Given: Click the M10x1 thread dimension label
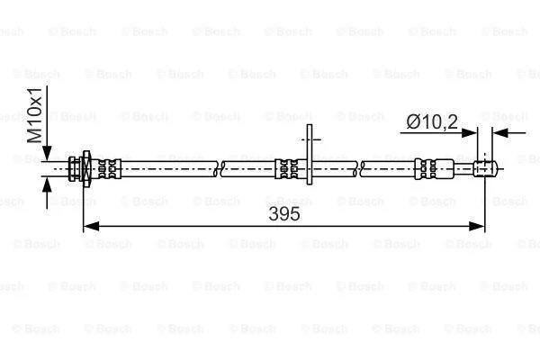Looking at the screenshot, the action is click(35, 115).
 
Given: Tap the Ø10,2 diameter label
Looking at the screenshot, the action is click(432, 121).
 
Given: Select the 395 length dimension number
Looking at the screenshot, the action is click(284, 214).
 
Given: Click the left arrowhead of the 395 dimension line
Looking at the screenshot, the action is click(91, 226).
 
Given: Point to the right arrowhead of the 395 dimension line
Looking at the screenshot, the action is click(477, 226).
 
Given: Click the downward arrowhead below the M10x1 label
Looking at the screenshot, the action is click(47, 153).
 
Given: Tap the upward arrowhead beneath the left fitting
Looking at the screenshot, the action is click(47, 184).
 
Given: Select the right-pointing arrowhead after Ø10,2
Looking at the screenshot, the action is click(470, 132).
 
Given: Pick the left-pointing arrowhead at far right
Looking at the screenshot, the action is click(500, 132).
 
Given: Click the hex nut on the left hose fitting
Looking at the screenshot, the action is click(86, 169).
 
